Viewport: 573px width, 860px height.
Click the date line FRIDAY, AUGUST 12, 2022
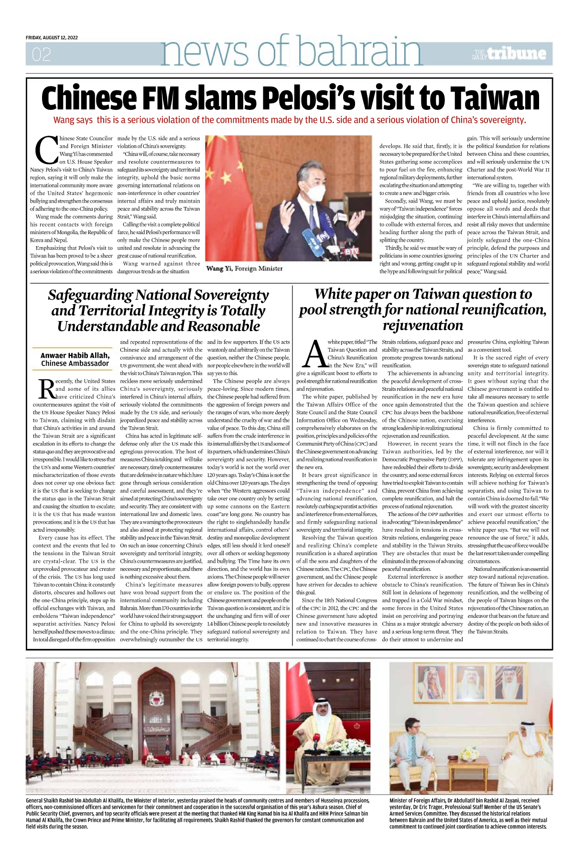(x=52, y=37)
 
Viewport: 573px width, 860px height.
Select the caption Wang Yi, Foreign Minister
(x=244, y=269)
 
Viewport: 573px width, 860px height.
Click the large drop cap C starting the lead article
(x=47, y=150)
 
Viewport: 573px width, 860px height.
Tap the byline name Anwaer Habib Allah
(x=75, y=355)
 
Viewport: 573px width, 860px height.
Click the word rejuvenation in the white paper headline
(x=422, y=325)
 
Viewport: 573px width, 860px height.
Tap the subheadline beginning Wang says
(x=290, y=120)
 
